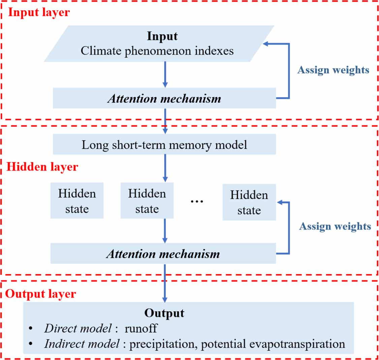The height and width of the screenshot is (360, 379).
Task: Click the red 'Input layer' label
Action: pyautogui.click(x=39, y=12)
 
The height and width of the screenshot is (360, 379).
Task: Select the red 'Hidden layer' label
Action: pyautogui.click(x=42, y=167)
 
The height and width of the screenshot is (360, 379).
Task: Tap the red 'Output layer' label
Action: pyautogui.click(x=41, y=294)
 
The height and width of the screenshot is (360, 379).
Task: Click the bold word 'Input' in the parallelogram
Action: pyautogui.click(x=162, y=36)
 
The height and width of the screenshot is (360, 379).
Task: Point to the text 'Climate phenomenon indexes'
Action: pyautogui.click(x=157, y=51)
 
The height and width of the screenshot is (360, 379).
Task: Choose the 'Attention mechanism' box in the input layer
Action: pyautogui.click(x=164, y=98)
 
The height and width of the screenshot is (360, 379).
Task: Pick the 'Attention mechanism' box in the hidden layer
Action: pyautogui.click(x=163, y=254)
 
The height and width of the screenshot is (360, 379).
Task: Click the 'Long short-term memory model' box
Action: pyautogui.click(x=164, y=144)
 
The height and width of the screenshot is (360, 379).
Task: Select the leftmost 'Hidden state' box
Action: pyautogui.click(x=77, y=201)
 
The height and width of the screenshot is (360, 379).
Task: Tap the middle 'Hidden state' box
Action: pyautogui.click(x=147, y=201)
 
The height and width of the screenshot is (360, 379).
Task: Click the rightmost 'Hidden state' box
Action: pyautogui.click(x=249, y=202)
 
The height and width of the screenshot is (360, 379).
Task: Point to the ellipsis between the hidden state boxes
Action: pyautogui.click(x=197, y=201)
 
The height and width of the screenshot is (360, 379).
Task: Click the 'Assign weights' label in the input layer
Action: pyautogui.click(x=333, y=70)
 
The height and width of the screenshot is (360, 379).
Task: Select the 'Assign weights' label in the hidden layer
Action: pyautogui.click(x=335, y=226)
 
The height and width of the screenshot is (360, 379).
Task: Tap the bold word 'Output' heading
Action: pyautogui.click(x=164, y=313)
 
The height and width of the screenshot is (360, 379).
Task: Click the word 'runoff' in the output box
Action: pyautogui.click(x=141, y=328)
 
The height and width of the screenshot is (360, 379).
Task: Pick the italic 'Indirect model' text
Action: pyautogui.click(x=82, y=343)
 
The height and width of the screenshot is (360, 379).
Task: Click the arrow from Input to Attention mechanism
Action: pyautogui.click(x=165, y=74)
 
